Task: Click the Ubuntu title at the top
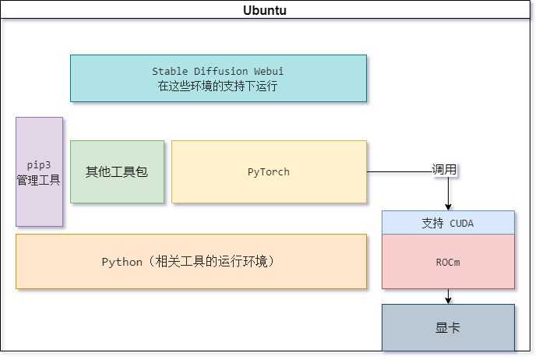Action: click(265, 10)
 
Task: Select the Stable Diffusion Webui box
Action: click(218, 79)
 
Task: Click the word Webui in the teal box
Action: click(269, 71)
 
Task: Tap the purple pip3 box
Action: click(39, 172)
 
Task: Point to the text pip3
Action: click(39, 165)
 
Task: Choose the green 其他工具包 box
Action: click(117, 172)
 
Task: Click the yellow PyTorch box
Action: click(269, 172)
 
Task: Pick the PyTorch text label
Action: click(269, 172)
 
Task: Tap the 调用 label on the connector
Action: click(444, 170)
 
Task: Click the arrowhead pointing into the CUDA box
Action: click(448, 207)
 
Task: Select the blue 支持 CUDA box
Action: click(448, 223)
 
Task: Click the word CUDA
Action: click(461, 224)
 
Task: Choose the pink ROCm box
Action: click(448, 262)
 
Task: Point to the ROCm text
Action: click(448, 263)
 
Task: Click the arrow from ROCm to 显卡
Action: click(448, 296)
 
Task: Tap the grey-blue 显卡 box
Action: click(448, 327)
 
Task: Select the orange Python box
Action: click(192, 262)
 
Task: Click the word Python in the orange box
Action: click(122, 263)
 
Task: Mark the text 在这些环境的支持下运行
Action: click(217, 86)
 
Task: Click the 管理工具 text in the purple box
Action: click(39, 180)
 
